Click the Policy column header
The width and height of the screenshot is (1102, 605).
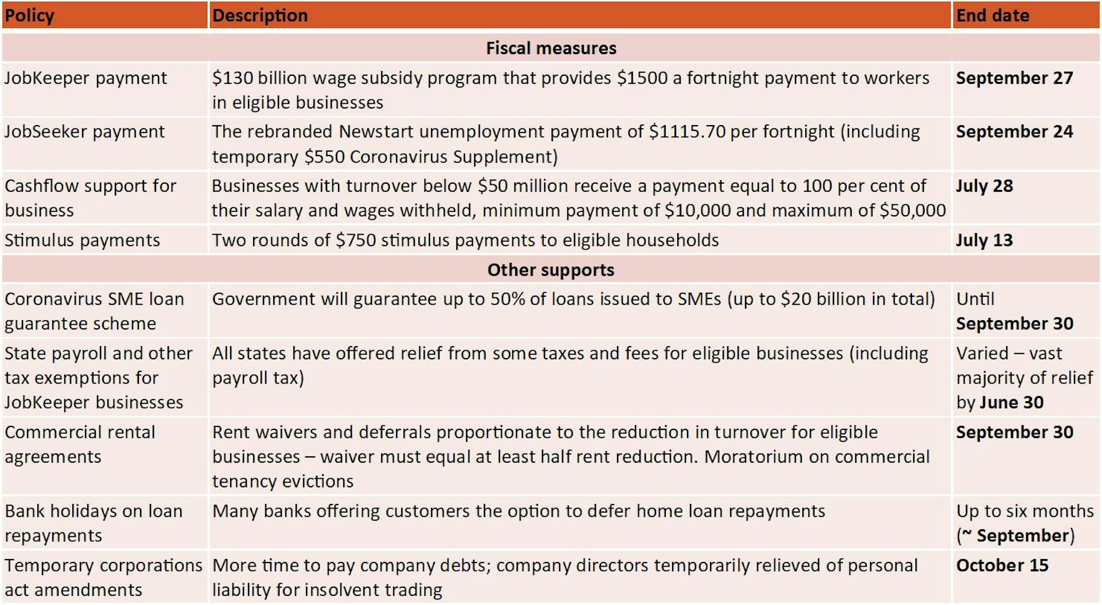click(x=30, y=15)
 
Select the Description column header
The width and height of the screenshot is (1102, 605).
click(x=260, y=15)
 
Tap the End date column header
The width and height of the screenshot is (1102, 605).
click(x=992, y=15)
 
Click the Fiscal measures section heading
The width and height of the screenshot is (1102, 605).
click(x=551, y=48)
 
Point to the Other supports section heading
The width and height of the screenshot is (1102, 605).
click(x=551, y=270)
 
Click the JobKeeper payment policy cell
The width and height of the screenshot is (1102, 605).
click(x=86, y=78)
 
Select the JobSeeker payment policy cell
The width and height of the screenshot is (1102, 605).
click(x=84, y=132)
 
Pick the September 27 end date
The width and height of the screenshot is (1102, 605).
click(x=1014, y=78)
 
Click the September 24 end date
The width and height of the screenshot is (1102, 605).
click(x=1014, y=132)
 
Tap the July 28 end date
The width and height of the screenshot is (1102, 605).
click(x=984, y=186)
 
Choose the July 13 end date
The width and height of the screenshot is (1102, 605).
click(x=984, y=240)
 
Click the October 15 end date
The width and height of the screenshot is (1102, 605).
click(x=1002, y=565)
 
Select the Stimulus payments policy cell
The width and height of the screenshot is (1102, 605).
click(x=82, y=240)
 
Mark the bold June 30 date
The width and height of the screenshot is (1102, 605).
click(x=1011, y=402)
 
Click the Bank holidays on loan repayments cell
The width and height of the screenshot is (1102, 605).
click(x=94, y=523)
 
